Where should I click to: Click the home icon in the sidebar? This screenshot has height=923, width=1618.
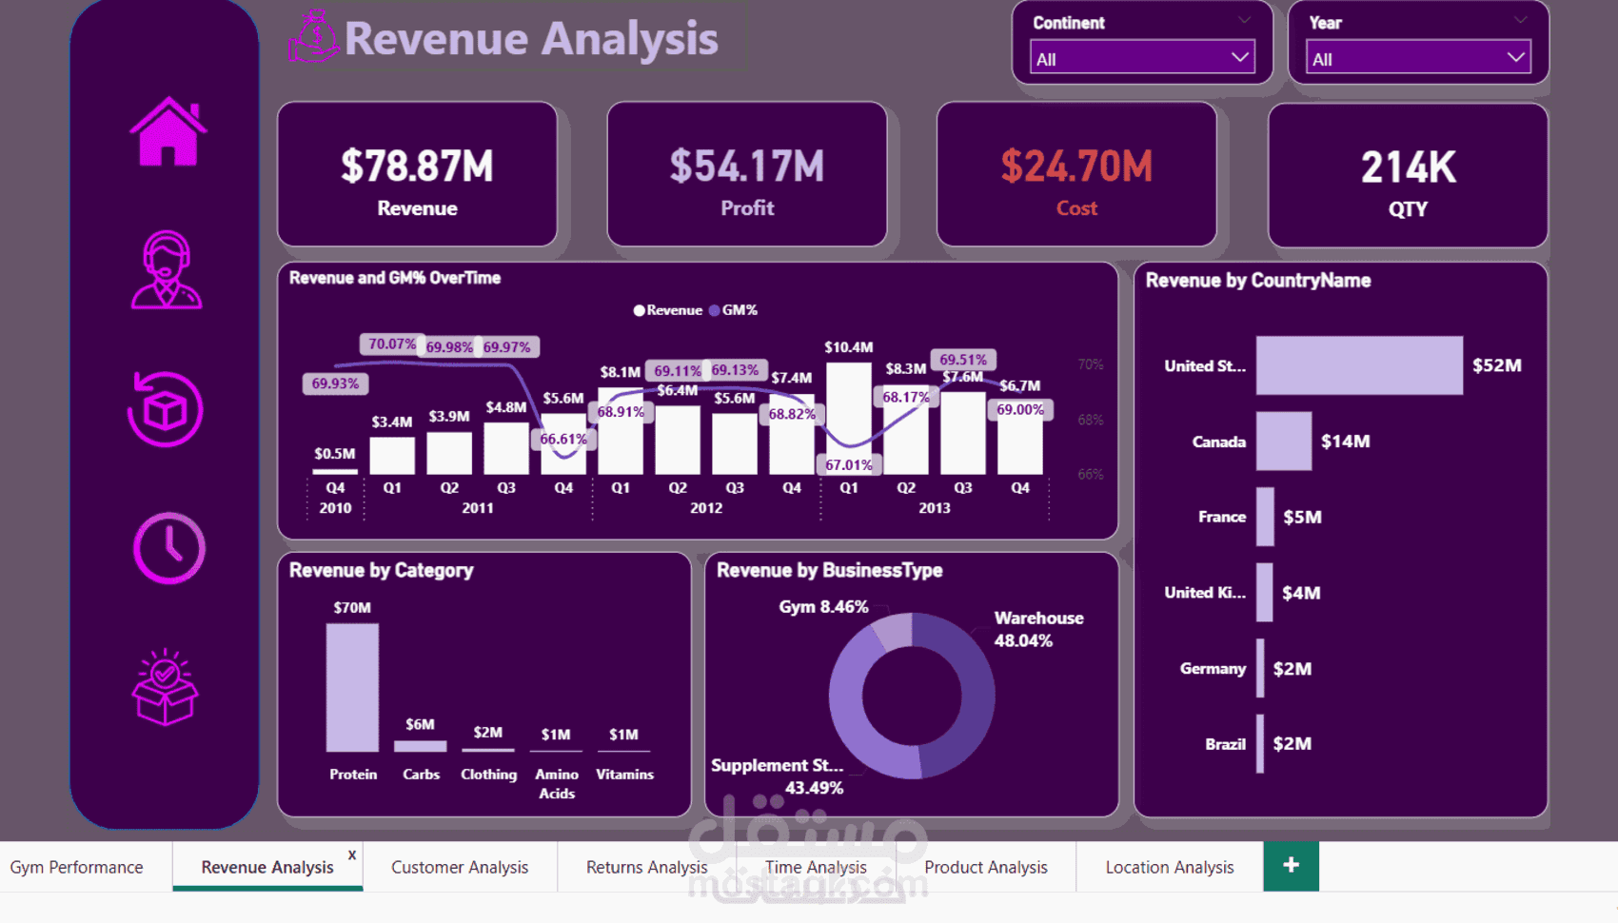click(168, 132)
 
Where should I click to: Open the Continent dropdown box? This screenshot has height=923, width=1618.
click(1141, 58)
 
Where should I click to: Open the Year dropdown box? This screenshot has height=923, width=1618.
click(1417, 58)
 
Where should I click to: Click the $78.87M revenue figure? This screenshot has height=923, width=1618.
click(417, 167)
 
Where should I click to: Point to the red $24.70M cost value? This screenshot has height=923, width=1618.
click(1076, 167)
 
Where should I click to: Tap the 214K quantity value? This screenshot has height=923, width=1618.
click(1408, 168)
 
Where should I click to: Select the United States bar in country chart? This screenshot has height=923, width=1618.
click(1358, 365)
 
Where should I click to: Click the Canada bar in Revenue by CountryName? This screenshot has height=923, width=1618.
click(1283, 442)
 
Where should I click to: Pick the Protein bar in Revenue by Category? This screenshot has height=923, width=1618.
click(352, 687)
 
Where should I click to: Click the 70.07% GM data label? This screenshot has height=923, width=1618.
click(391, 344)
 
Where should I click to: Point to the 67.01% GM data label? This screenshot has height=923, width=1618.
click(848, 465)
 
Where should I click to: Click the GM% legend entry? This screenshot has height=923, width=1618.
click(734, 310)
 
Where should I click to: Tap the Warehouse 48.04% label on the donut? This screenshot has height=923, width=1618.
click(1037, 629)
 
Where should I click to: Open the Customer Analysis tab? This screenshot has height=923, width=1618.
click(459, 867)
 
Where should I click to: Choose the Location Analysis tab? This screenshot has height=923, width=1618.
click(1169, 867)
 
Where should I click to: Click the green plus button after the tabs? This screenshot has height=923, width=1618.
click(1291, 866)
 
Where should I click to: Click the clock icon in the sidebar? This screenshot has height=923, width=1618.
click(168, 548)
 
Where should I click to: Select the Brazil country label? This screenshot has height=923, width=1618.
click(1225, 744)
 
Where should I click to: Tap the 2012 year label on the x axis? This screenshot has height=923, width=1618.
click(706, 508)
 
